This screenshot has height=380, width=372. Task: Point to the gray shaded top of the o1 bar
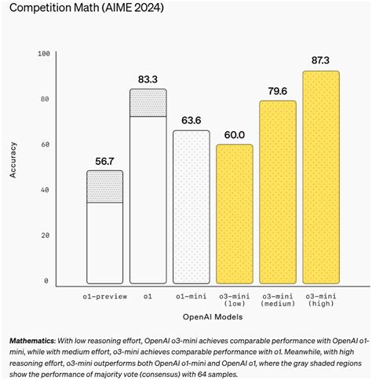pyautogui.click(x=148, y=103)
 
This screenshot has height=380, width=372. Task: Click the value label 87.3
pyautogui.click(x=320, y=60)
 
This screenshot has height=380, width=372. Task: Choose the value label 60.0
pyautogui.click(x=234, y=134)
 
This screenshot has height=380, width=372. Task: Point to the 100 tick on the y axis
pyautogui.click(x=44, y=53)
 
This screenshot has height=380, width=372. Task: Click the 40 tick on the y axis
pyautogui.click(x=44, y=189)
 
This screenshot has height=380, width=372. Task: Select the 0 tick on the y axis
pyautogui.click(x=46, y=280)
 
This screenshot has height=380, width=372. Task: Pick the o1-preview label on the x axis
pyautogui.click(x=104, y=294)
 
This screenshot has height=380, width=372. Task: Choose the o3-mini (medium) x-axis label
pyautogui.click(x=278, y=299)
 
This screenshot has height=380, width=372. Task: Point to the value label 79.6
pyautogui.click(x=278, y=90)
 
